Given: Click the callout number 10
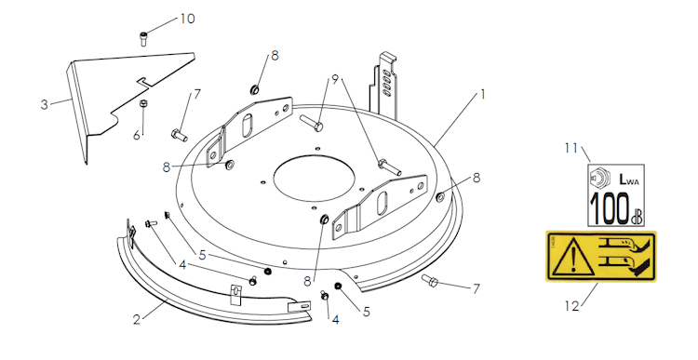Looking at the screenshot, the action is (187, 19).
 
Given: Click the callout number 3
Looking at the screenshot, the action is (44, 105).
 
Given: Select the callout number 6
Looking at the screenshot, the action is (137, 135).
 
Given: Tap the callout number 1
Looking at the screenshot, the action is (482, 94).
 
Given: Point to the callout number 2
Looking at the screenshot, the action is (137, 319).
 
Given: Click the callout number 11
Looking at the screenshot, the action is (571, 148).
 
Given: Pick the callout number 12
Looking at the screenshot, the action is (572, 306).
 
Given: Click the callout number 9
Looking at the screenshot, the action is (335, 79).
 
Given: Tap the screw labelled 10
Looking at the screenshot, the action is (143, 39).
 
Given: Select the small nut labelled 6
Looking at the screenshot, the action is (143, 104).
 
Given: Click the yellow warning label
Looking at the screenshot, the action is (601, 256).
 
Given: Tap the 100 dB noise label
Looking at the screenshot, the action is (616, 195).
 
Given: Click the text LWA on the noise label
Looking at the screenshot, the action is (629, 180).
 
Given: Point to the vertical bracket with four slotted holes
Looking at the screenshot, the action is (384, 86).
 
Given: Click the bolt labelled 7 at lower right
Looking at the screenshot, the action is (430, 280).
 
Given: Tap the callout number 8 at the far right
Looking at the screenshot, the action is (477, 178).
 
